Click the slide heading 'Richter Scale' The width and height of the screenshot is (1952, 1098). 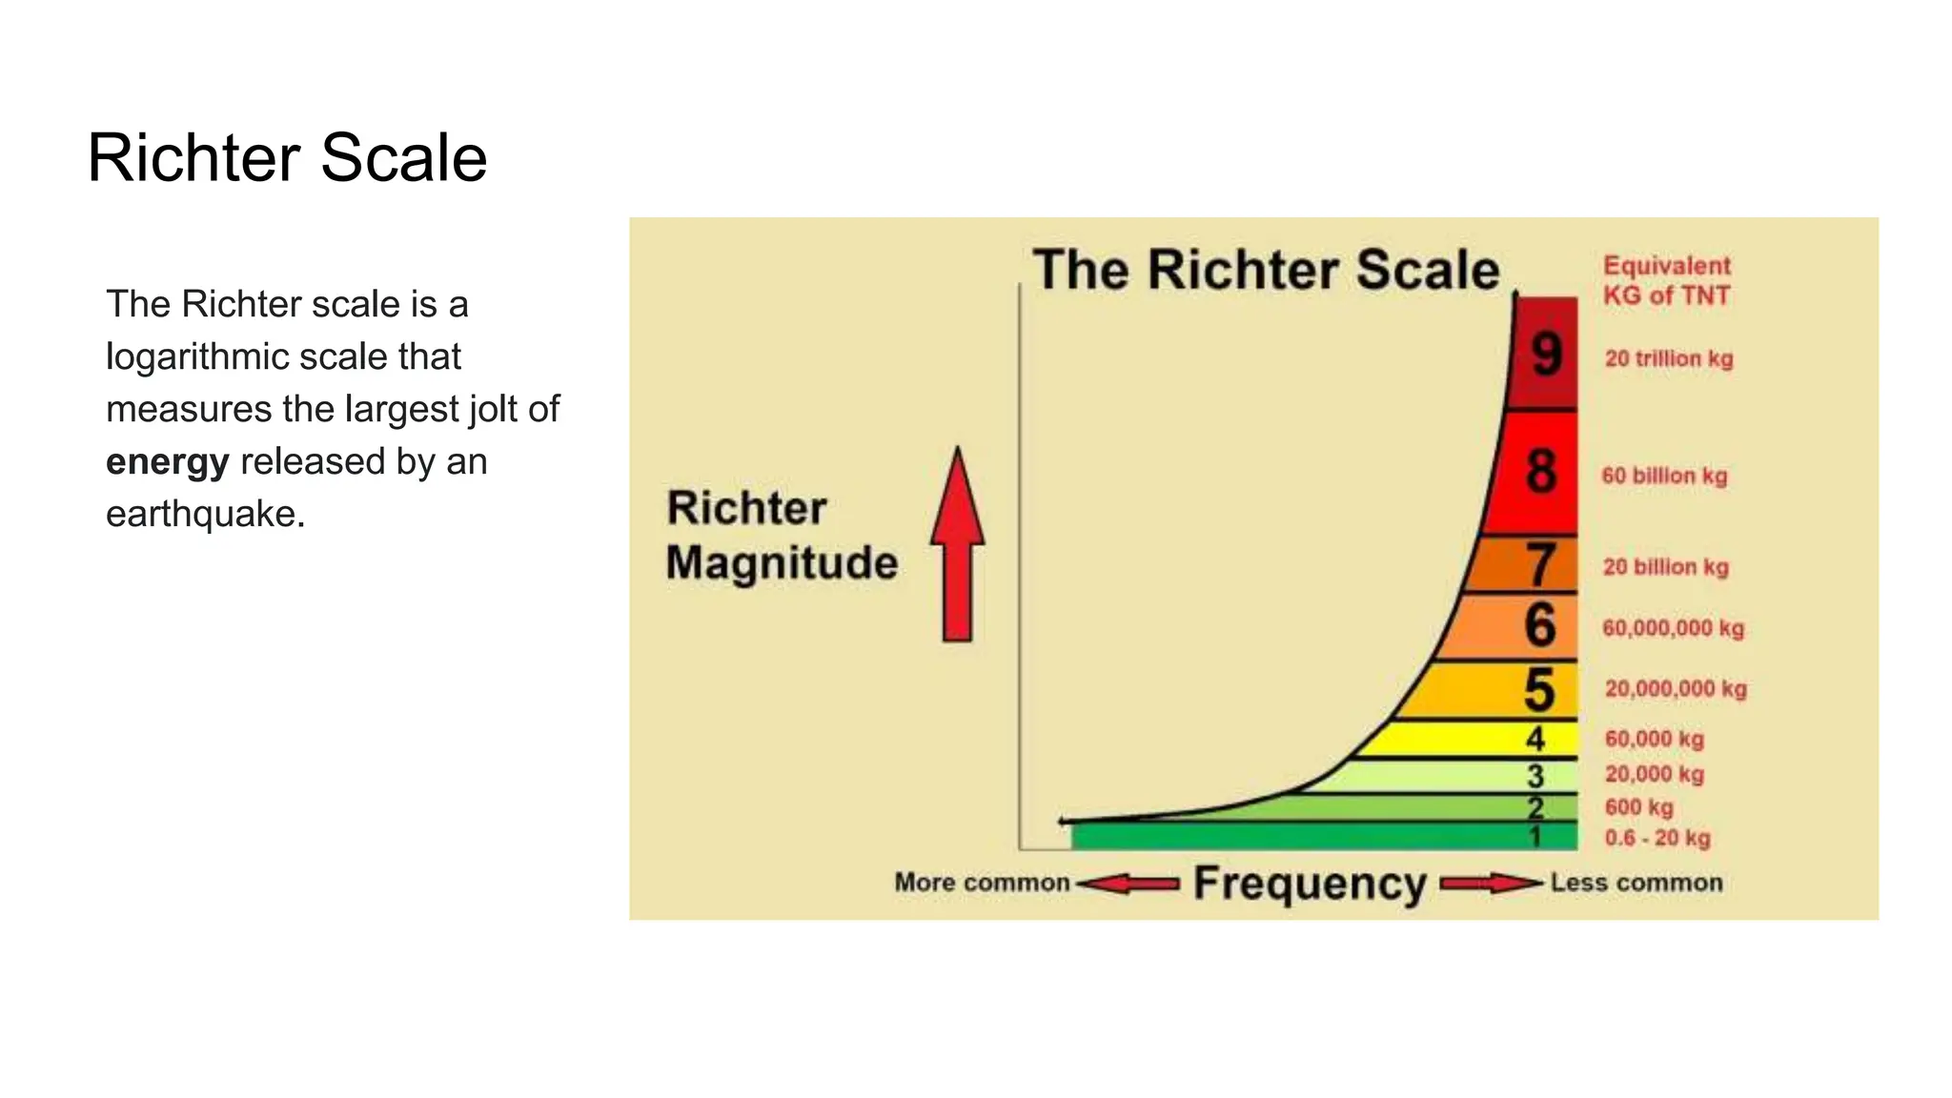point(287,157)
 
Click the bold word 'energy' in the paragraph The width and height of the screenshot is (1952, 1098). point(168,462)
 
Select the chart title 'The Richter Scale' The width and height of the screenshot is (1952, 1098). point(1266,270)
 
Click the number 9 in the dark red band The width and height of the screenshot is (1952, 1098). point(1546,355)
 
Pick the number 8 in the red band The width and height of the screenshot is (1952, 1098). point(1540,472)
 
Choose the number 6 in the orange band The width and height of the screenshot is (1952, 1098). point(1539,625)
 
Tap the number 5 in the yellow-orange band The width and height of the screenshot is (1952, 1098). point(1538,689)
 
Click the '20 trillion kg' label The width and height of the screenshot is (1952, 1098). point(1668,359)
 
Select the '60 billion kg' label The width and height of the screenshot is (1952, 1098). point(1664,476)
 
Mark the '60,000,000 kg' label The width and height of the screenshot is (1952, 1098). point(1673,628)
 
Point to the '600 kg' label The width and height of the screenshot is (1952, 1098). point(1638,807)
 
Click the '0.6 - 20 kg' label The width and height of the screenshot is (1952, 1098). point(1657,838)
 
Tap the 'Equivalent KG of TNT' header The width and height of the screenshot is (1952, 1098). point(1666,280)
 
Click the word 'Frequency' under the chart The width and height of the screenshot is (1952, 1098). point(1310,884)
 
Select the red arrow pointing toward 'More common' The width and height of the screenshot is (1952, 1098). point(1128,884)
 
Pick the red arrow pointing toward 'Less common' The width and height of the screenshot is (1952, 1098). point(1490,884)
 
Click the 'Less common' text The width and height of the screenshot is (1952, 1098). point(1636,883)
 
